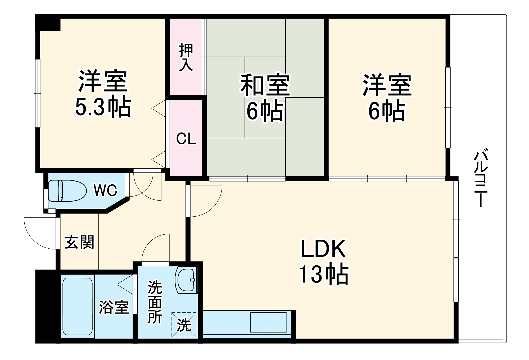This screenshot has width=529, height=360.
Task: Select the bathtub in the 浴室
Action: pos(78,306)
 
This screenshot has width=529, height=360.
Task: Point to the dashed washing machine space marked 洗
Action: pos(184,325)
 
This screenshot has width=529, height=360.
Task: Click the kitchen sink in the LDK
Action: pos(268,322)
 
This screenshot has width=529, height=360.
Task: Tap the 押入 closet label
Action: pos(186,57)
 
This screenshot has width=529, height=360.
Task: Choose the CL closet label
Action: pos(186,139)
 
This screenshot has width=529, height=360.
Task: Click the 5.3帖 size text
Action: pos(103,108)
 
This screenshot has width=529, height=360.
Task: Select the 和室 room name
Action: pos(265,85)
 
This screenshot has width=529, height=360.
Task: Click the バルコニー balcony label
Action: pos(481,179)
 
